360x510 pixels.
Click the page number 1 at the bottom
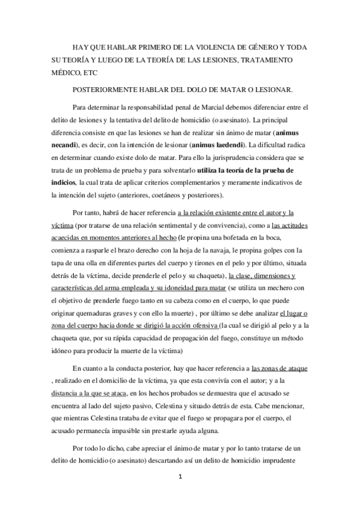click(x=180, y=477)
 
